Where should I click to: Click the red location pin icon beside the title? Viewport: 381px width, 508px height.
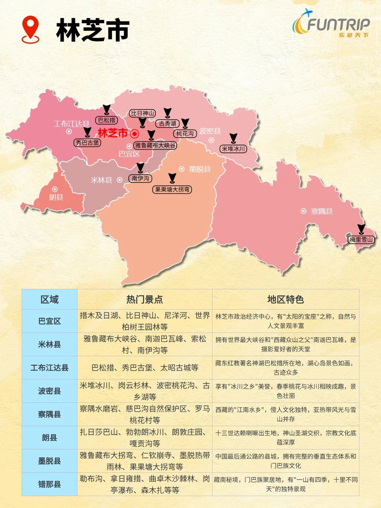pyautogui.click(x=30, y=29)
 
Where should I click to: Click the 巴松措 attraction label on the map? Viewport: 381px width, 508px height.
pyautogui.click(x=107, y=120)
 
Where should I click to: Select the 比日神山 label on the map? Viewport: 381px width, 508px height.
pyautogui.click(x=142, y=113)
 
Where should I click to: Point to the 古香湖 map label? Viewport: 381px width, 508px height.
pyautogui.click(x=168, y=123)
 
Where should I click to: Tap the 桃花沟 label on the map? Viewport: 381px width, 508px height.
pyautogui.click(x=185, y=133)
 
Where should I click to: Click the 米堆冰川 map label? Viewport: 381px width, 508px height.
pyautogui.click(x=233, y=149)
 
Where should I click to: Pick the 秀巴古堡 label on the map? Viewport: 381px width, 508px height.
pyautogui.click(x=87, y=143)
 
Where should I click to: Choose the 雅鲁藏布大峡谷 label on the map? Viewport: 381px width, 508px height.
pyautogui.click(x=155, y=145)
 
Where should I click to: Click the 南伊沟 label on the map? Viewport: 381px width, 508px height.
pyautogui.click(x=140, y=179)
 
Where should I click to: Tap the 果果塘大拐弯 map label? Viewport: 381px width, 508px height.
pyautogui.click(x=172, y=189)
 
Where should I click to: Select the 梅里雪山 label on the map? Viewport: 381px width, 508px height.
pyautogui.click(x=361, y=240)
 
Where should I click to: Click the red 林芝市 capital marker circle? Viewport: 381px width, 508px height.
pyautogui.click(x=134, y=134)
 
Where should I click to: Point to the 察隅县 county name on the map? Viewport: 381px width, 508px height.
pyautogui.click(x=321, y=211)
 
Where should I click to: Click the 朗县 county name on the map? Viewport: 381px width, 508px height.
pyautogui.click(x=56, y=197)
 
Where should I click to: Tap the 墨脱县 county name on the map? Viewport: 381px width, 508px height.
pyautogui.click(x=200, y=169)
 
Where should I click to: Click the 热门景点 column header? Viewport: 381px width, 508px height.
pyautogui.click(x=145, y=300)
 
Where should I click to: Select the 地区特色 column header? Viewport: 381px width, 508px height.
pyautogui.click(x=285, y=300)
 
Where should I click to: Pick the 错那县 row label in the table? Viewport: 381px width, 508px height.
pyautogui.click(x=49, y=484)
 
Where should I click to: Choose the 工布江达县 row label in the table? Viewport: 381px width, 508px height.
pyautogui.click(x=49, y=368)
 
